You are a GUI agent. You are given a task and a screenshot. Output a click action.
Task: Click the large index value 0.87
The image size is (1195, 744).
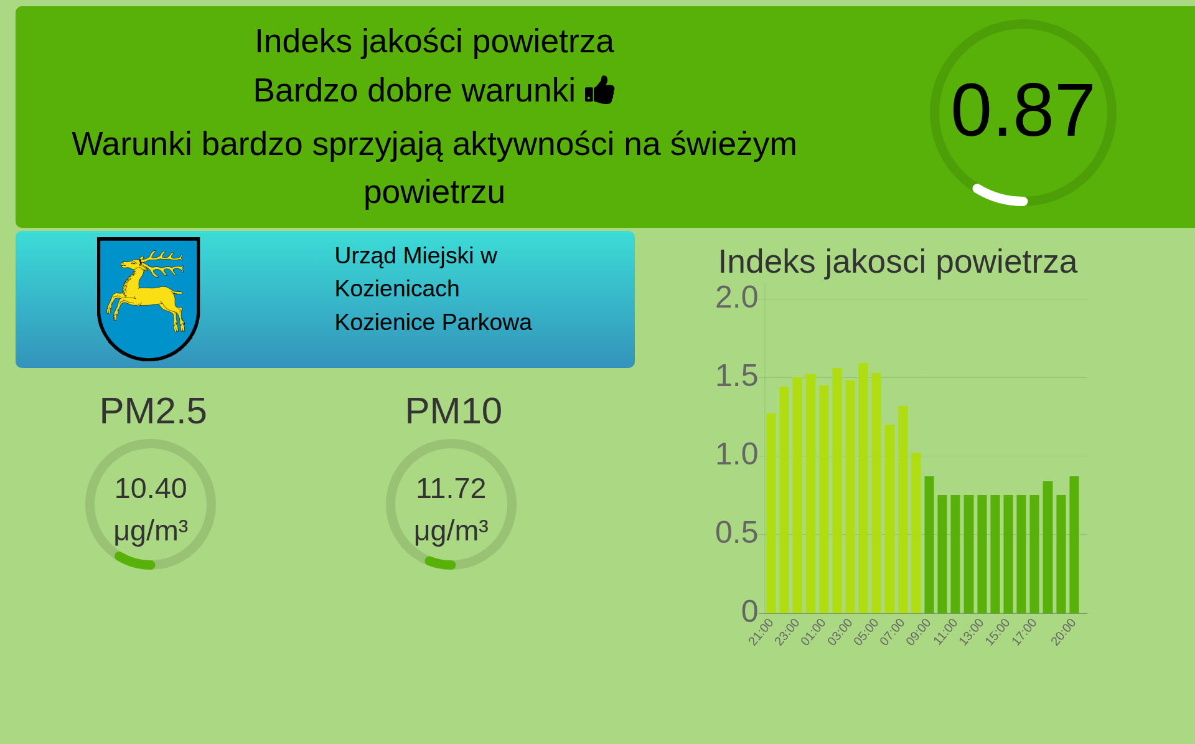pyautogui.click(x=1022, y=110)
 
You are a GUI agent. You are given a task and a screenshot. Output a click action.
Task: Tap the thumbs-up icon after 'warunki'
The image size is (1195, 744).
pyautogui.click(x=600, y=90)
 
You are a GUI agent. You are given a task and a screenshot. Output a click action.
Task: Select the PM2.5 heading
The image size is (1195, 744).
pyautogui.click(x=153, y=411)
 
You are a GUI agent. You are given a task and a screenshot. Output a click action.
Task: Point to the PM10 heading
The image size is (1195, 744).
pyautogui.click(x=453, y=411)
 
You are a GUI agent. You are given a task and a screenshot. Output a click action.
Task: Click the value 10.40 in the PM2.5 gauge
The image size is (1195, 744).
pyautogui.click(x=151, y=489)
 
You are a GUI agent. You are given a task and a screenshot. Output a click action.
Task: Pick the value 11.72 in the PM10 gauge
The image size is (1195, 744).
pyautogui.click(x=451, y=489)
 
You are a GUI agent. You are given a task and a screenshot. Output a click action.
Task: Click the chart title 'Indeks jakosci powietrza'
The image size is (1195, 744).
pyautogui.click(x=897, y=261)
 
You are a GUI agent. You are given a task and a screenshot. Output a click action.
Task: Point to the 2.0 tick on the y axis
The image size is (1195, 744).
pyautogui.click(x=737, y=298)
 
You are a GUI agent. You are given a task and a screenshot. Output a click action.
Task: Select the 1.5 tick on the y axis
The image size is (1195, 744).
pyautogui.click(x=737, y=376)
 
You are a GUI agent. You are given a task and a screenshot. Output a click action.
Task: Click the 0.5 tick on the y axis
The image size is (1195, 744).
pyautogui.click(x=737, y=533)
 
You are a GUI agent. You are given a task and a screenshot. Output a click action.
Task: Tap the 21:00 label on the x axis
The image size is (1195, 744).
pyautogui.click(x=761, y=632)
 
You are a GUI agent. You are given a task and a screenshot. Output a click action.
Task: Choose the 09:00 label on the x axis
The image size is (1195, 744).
pyautogui.click(x=919, y=632)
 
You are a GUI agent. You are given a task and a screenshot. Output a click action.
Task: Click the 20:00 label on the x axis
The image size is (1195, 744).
pyautogui.click(x=1063, y=632)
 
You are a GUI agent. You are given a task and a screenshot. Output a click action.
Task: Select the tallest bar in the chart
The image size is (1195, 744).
pyautogui.click(x=863, y=488)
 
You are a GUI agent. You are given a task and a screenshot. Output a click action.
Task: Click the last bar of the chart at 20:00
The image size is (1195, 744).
pyautogui.click(x=1074, y=545)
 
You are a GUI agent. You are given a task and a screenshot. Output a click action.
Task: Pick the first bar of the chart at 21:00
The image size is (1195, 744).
pyautogui.click(x=771, y=513)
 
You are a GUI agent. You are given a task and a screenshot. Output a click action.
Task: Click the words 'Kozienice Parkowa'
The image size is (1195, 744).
pyautogui.click(x=433, y=323)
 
